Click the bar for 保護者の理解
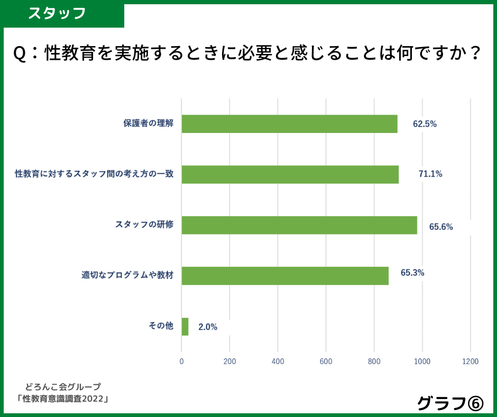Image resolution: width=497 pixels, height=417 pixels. click(x=289, y=124)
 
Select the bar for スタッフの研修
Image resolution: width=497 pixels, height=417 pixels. click(x=299, y=225)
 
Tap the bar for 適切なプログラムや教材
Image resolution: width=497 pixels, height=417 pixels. click(x=285, y=276)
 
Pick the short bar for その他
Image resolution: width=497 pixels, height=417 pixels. click(x=185, y=327)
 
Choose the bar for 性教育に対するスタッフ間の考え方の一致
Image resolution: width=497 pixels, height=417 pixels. click(x=290, y=175)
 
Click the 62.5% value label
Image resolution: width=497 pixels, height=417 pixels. click(x=425, y=124)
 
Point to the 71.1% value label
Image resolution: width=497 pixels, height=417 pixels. click(x=430, y=174)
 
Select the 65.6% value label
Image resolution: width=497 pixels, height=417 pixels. click(x=441, y=227)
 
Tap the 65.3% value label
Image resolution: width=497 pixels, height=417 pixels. click(x=412, y=273)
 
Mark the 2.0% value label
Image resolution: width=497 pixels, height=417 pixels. click(x=208, y=327)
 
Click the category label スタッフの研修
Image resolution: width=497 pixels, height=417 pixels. click(x=144, y=224)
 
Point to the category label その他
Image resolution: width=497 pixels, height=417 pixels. click(x=161, y=326)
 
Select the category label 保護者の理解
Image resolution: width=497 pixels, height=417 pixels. click(x=148, y=124)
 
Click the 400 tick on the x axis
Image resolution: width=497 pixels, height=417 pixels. click(x=278, y=361)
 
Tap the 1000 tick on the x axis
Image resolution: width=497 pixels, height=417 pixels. click(x=422, y=361)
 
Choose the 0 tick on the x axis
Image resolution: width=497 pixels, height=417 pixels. click(x=182, y=361)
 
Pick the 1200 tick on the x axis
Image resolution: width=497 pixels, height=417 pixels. click(x=470, y=361)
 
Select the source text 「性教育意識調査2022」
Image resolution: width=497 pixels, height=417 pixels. click(x=62, y=398)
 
